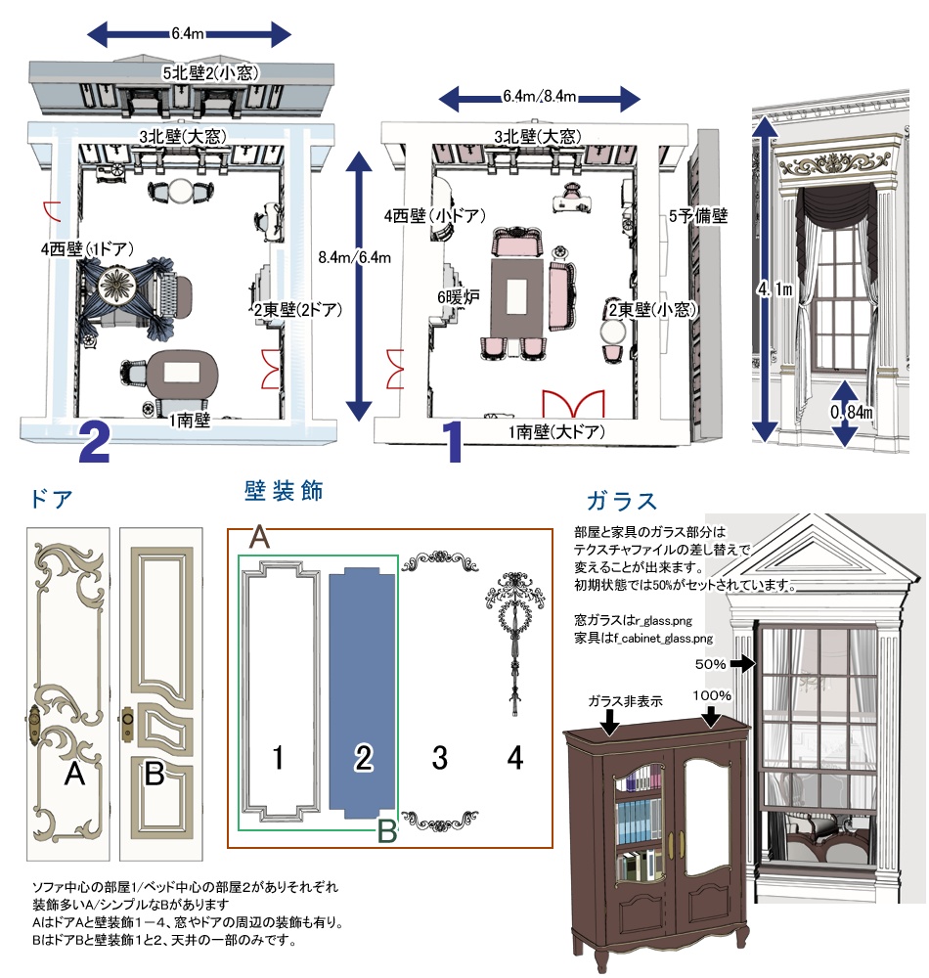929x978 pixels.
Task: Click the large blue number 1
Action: [453, 442]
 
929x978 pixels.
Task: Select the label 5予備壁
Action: [698, 213]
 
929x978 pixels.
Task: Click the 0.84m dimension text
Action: [852, 412]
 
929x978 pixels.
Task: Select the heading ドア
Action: [53, 499]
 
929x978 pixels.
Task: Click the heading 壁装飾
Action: [284, 491]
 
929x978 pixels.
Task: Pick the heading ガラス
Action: [621, 501]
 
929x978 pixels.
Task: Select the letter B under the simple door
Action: [154, 776]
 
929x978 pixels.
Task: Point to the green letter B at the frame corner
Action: [387, 831]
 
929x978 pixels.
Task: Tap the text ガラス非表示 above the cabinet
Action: [625, 701]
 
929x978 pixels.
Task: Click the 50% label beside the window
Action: [711, 664]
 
